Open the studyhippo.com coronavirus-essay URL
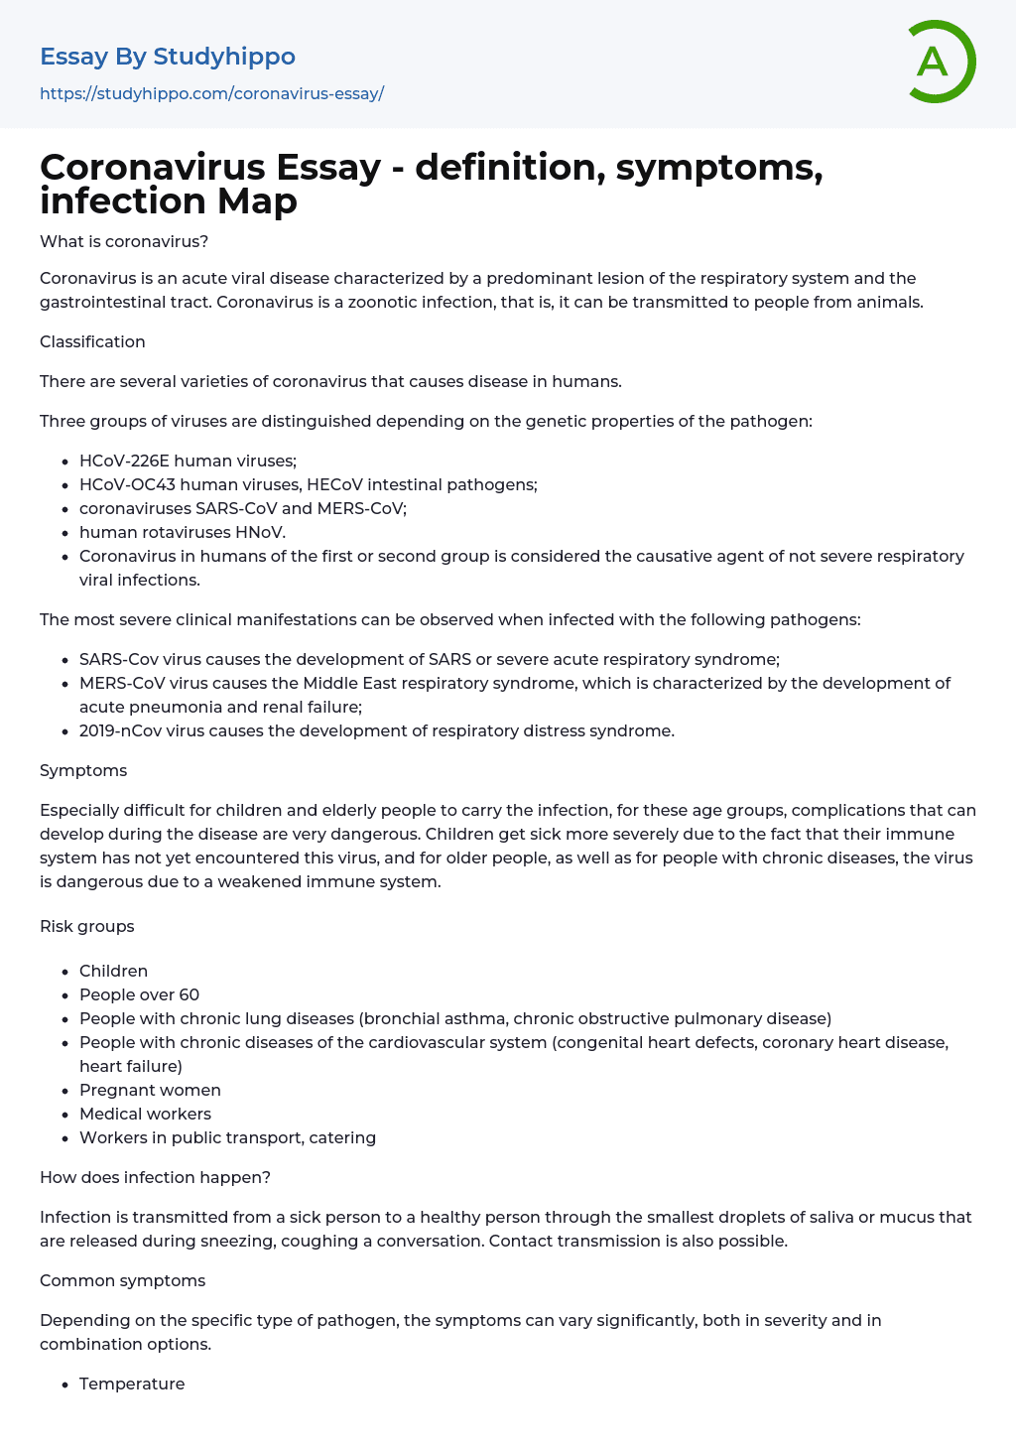click(x=211, y=94)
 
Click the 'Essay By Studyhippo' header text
click(x=168, y=57)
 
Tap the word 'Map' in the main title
click(x=257, y=201)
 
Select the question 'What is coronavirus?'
click(x=124, y=242)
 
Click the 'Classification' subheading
click(x=92, y=341)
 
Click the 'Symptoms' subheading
click(x=83, y=770)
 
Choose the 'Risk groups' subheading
click(x=87, y=926)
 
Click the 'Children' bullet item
click(x=113, y=971)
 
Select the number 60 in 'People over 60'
click(x=189, y=994)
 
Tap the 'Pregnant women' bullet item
click(x=150, y=1090)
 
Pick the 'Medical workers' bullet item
click(x=145, y=1114)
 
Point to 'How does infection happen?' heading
click(x=155, y=1177)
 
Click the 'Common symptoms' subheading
click(x=122, y=1280)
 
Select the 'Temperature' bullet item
click(x=132, y=1384)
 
